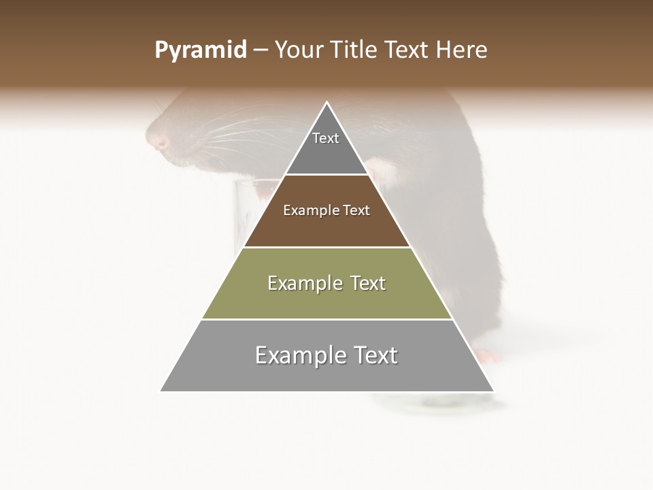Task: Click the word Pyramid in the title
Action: coord(200,50)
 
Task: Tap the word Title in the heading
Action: coord(357,50)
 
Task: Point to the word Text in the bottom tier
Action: coord(373,355)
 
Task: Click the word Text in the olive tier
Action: coord(369,283)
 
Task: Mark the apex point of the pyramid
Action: coord(327,103)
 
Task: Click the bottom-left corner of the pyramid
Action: coord(161,391)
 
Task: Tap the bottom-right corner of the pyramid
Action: coord(493,391)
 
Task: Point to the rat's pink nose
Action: coord(161,142)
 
